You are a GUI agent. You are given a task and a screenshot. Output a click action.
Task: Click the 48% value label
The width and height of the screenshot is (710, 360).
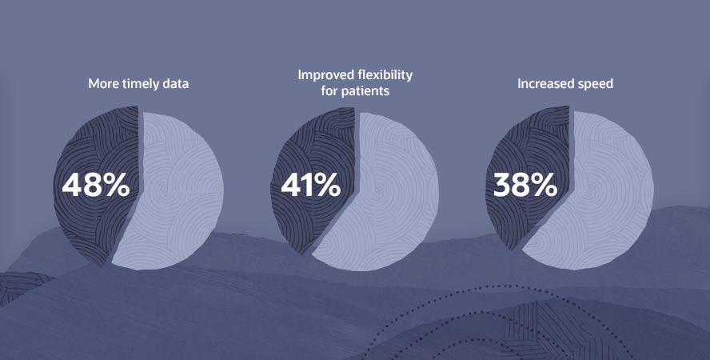pos(95,185)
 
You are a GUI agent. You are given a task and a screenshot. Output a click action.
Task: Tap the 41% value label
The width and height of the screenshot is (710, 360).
pos(310,185)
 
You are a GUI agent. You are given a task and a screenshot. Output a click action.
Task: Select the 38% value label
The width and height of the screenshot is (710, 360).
pos(525,185)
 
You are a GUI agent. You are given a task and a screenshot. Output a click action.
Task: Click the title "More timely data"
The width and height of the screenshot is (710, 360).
pos(138,84)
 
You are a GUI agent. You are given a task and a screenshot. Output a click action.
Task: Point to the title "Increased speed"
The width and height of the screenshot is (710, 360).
pos(565,84)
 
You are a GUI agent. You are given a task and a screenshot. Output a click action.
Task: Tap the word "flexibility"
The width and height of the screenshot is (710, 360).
pos(384,75)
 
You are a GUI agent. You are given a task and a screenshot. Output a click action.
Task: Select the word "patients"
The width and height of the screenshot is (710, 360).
pos(365,91)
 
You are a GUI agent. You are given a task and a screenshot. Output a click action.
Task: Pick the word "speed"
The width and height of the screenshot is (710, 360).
pos(596,85)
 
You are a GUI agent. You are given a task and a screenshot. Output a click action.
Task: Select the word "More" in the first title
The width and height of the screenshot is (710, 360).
pos(103,84)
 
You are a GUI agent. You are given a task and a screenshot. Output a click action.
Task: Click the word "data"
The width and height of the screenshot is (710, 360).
pos(175,84)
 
